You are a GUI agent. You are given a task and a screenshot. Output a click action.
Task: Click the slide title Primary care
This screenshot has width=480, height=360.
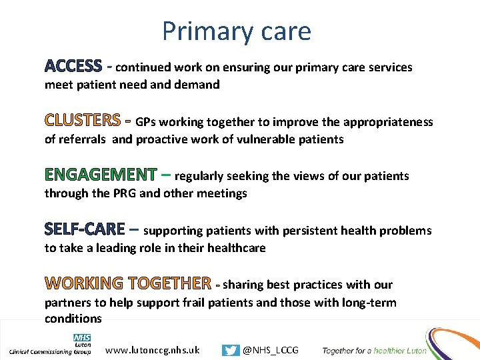click(236, 31)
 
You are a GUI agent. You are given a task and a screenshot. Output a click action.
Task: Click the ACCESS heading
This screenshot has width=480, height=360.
click(73, 67)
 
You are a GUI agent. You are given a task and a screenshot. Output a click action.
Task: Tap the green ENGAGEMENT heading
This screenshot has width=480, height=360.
click(100, 175)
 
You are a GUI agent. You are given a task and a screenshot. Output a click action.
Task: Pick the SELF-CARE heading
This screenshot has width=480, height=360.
click(85, 230)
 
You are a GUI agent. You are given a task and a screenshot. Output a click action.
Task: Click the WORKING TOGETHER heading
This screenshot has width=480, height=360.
click(128, 284)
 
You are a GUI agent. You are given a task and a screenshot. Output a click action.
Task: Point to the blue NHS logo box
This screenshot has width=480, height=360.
click(82, 338)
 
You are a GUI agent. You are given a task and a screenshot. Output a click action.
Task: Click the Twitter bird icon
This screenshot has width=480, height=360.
click(231, 350)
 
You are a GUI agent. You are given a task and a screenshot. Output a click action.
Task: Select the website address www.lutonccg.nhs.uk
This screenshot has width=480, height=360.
click(153, 350)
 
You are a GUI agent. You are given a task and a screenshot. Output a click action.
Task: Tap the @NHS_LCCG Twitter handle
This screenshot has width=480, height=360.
click(271, 350)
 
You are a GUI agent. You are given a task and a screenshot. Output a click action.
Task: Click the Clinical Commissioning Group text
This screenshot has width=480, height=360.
click(50, 351)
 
